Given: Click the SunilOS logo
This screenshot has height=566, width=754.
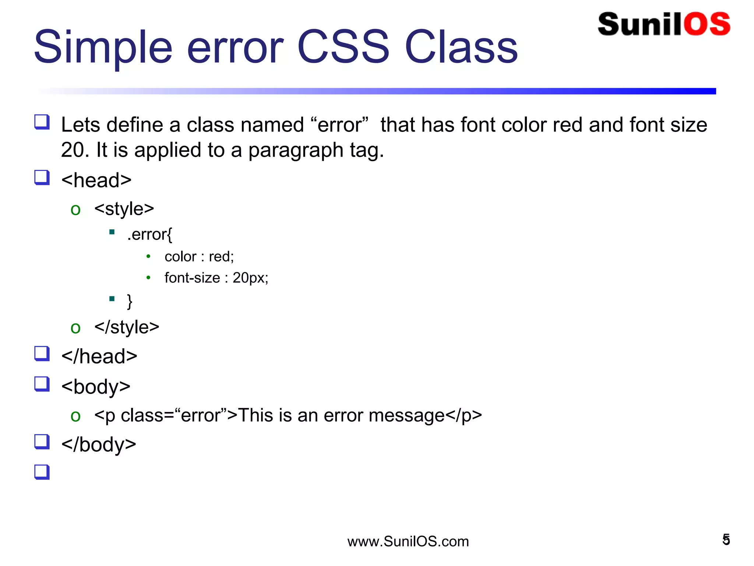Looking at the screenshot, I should point(664,24).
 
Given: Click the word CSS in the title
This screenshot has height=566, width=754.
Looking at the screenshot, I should point(343,47).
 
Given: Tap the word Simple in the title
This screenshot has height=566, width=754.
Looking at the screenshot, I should point(103,47).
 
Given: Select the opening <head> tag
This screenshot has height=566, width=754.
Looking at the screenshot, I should point(96,180).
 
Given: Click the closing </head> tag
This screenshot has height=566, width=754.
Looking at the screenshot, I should point(99,356).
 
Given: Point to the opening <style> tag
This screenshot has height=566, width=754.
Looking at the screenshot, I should point(124,209).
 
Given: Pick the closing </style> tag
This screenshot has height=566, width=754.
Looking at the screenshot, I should point(127,327).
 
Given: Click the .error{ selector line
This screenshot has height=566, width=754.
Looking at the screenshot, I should point(149,234).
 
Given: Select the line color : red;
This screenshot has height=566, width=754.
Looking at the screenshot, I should point(199,256).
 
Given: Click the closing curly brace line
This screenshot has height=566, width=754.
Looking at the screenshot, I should point(129,301).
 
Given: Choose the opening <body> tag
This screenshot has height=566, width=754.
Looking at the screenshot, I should point(96,387).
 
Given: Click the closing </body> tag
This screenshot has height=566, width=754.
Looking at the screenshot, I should point(99,444).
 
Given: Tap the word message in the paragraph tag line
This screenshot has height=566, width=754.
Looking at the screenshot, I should point(406,416).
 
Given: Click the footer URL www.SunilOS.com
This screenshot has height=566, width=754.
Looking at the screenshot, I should point(408,541).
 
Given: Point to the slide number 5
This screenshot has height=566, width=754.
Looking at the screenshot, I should point(726,539).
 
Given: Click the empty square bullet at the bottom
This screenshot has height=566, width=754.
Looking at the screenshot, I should point(42,472).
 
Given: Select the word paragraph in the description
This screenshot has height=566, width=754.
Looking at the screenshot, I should point(296,150).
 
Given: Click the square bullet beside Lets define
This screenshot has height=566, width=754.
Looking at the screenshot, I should point(42,122).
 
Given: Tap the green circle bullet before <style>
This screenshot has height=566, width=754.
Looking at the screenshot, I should point(75,210).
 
